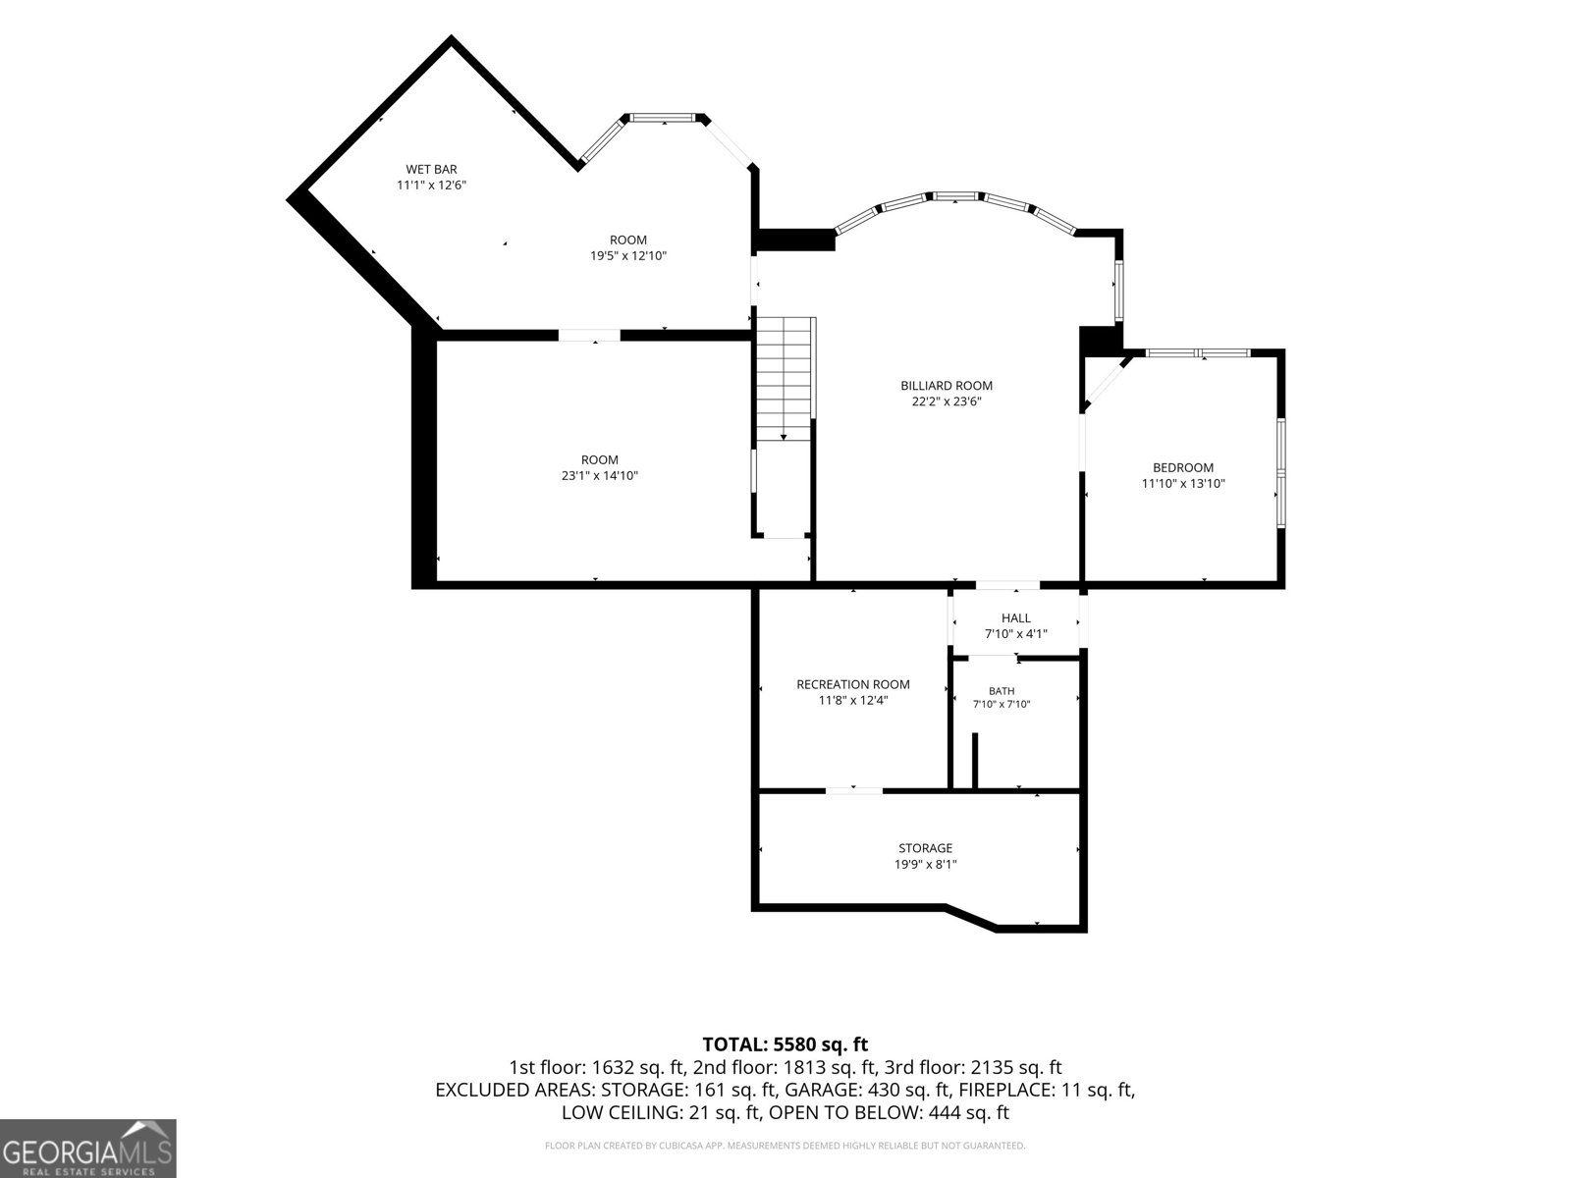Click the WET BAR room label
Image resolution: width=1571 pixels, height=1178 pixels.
[x=431, y=170]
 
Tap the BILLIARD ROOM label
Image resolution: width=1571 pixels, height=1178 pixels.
[x=947, y=386]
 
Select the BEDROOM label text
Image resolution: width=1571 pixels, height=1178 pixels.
[x=1183, y=468]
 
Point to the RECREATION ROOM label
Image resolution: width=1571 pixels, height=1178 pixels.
[x=853, y=684]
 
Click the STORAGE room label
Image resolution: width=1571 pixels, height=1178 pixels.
[x=926, y=848]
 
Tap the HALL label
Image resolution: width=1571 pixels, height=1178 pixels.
[x=1015, y=618]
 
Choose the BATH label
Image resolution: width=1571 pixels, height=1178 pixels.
[x=1002, y=691]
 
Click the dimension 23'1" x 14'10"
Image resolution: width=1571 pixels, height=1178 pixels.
[x=599, y=476]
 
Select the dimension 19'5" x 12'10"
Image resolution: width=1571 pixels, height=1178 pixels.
[x=628, y=255]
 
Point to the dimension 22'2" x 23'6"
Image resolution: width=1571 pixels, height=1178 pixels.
[x=947, y=402]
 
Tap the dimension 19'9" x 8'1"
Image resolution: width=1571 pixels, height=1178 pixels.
[x=926, y=864]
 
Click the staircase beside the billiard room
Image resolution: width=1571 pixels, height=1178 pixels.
[x=785, y=379]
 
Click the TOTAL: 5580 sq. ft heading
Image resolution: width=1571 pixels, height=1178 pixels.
[x=785, y=1044]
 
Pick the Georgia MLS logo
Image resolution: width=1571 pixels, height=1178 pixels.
[x=87, y=1148]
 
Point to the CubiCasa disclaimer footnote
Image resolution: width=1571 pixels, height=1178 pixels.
[x=785, y=1146]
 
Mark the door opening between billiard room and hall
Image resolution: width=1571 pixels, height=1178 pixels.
[x=1007, y=585]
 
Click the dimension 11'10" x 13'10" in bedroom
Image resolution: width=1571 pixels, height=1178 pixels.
[x=1183, y=484]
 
